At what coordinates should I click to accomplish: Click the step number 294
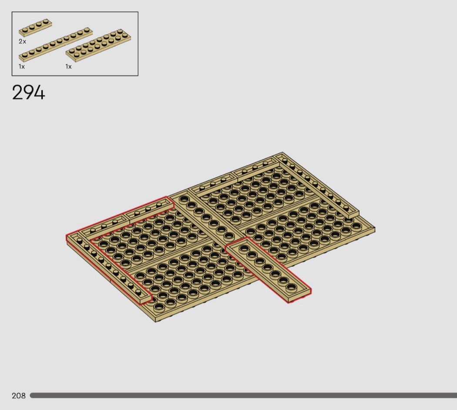[x=29, y=93]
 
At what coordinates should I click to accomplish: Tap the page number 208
[x=19, y=396]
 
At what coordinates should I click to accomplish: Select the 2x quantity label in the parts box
[x=23, y=41]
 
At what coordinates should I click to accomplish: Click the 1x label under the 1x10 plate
[x=22, y=67]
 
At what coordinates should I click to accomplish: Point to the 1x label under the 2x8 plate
[x=68, y=67]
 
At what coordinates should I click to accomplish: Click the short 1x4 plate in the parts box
[x=36, y=28]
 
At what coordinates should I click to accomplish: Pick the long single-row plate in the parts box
[x=55, y=44]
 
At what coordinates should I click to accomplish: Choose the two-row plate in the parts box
[x=98, y=45]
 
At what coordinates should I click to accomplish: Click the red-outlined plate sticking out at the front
[x=268, y=269]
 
